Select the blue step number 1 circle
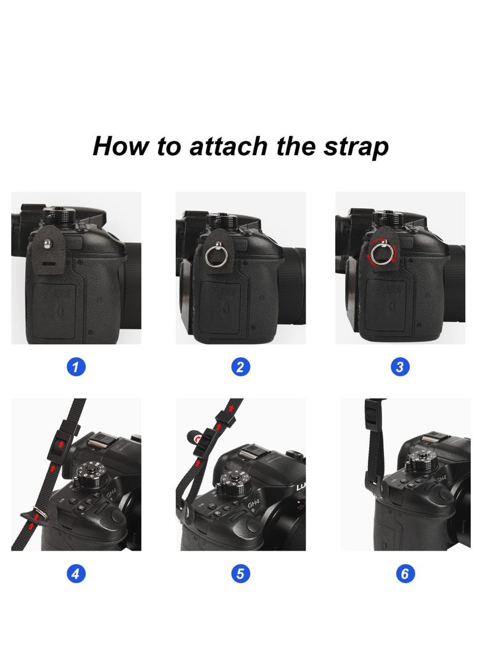click(76, 368)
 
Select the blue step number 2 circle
click(240, 368)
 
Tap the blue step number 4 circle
click(76, 575)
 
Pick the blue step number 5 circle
click(240, 575)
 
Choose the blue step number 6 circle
click(404, 575)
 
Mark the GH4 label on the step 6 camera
click(441, 478)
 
